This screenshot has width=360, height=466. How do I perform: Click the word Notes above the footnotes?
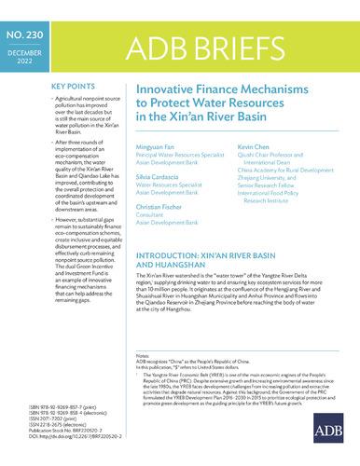(144, 356)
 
